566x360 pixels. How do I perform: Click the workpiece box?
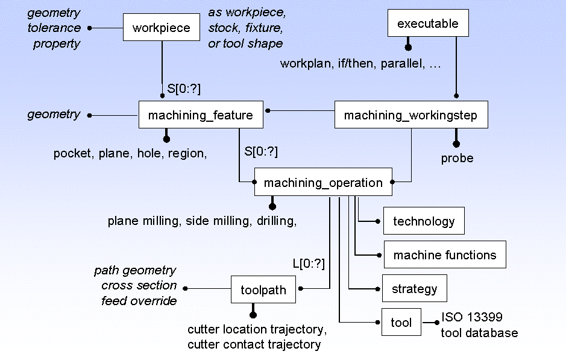(x=161, y=28)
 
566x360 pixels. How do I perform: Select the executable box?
(x=428, y=24)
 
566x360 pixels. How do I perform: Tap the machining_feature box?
(x=201, y=115)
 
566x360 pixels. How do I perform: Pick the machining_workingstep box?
(x=410, y=115)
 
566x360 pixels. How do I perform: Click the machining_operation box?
(x=323, y=183)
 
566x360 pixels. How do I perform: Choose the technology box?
(x=424, y=221)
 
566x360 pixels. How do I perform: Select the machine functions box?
(x=445, y=255)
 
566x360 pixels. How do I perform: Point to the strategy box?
(x=414, y=288)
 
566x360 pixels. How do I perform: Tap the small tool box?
(x=401, y=323)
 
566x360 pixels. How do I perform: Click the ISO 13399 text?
(x=471, y=317)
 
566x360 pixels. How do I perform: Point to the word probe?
(x=457, y=159)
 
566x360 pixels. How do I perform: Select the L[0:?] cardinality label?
(x=309, y=264)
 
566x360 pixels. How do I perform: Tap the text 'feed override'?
(x=139, y=300)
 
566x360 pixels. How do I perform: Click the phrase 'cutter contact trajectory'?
(x=254, y=344)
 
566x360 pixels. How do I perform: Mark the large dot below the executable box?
(x=408, y=47)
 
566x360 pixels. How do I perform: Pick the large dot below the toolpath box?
(x=253, y=314)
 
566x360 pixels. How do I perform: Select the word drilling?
(x=277, y=221)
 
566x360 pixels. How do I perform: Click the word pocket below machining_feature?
(x=71, y=154)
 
